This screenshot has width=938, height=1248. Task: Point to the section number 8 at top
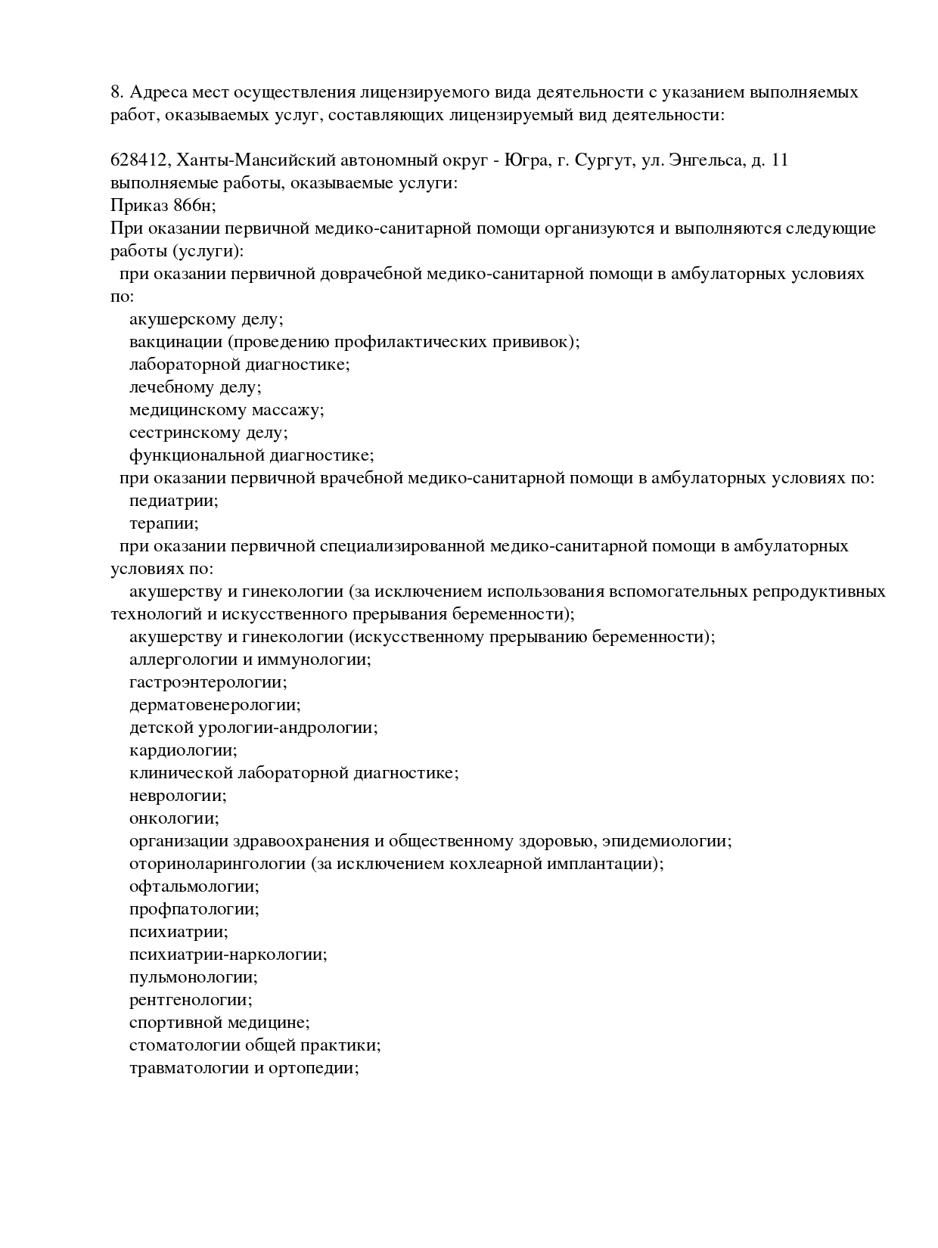[x=116, y=92]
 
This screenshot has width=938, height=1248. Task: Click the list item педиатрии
[x=173, y=501]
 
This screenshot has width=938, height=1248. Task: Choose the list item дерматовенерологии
[x=215, y=705]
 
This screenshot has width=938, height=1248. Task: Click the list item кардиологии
[x=183, y=750]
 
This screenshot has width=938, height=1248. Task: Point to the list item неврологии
[x=178, y=796]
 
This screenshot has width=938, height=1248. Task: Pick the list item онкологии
[x=174, y=818]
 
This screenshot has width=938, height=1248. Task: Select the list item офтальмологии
[x=194, y=886]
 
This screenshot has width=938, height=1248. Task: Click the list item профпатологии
[x=194, y=909]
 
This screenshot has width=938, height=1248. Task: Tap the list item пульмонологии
[x=193, y=977]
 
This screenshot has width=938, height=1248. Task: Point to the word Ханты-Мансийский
[x=245, y=160]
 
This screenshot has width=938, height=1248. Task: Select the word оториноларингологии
[x=217, y=864]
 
